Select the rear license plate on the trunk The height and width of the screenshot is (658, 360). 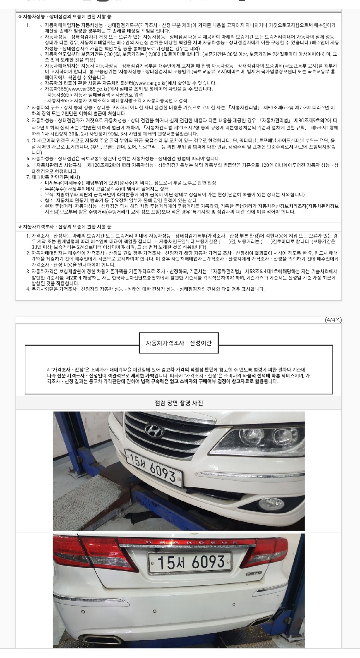click(190, 562)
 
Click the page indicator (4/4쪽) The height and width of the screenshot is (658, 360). click(333, 320)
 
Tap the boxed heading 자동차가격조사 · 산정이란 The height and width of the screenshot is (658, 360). click(178, 343)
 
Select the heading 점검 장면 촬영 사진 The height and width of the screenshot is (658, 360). click(178, 403)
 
